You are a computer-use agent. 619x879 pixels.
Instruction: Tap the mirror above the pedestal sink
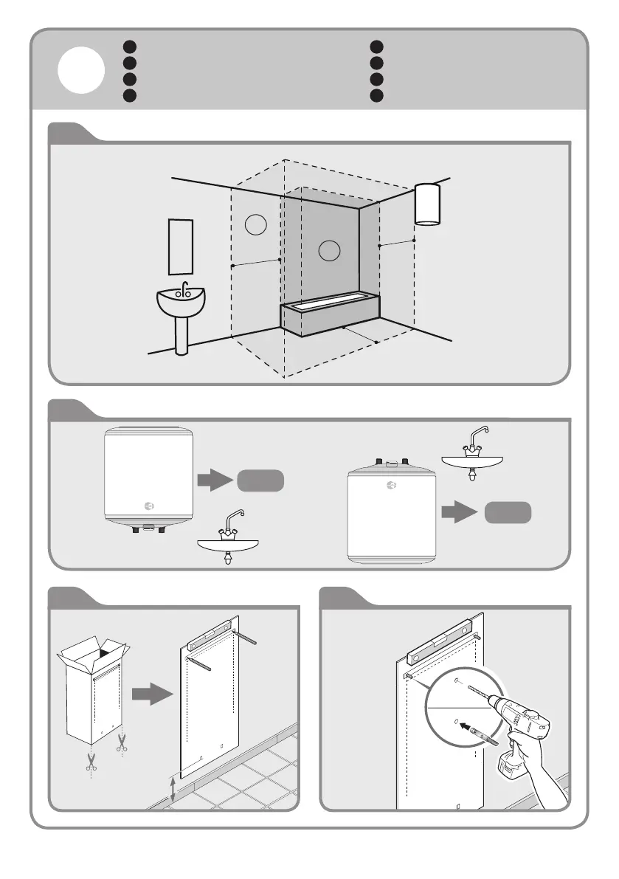click(x=181, y=246)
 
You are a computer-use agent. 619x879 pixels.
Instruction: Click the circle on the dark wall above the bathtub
click(x=329, y=251)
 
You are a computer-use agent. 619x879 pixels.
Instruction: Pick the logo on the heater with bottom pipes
click(x=148, y=506)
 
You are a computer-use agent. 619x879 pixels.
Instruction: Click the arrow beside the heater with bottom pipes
click(x=214, y=482)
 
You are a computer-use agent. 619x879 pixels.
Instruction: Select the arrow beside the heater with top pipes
click(x=459, y=511)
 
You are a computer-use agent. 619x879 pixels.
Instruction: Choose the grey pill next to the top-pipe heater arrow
click(x=508, y=512)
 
